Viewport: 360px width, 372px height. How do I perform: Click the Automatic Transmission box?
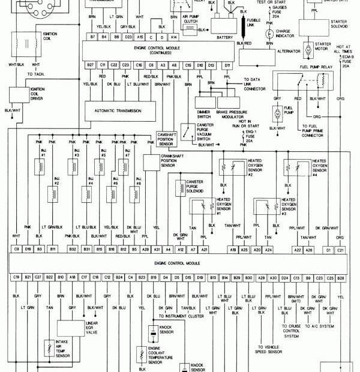(x=121, y=111)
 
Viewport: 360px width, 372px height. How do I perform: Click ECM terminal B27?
(x=91, y=64)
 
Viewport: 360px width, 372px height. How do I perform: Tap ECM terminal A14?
(x=173, y=37)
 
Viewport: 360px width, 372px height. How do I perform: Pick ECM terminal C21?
(x=341, y=248)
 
